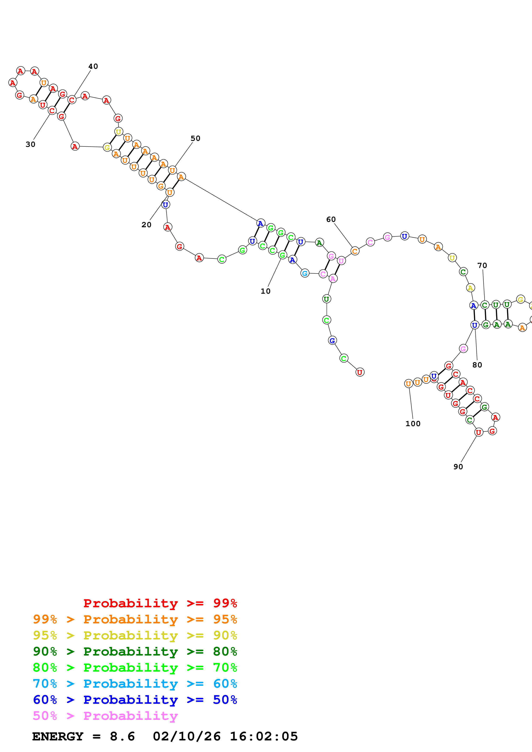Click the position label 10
click(x=265, y=291)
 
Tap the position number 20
click(x=146, y=225)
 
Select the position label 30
click(x=30, y=144)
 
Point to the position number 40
click(x=93, y=66)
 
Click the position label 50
click(x=195, y=138)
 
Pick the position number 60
click(x=331, y=220)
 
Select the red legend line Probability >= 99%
click(x=160, y=603)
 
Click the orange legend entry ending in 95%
click(x=135, y=619)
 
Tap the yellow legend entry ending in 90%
click(x=135, y=635)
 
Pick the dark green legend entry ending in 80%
click(x=135, y=651)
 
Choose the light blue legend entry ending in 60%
click(x=135, y=684)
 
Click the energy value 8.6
click(x=122, y=737)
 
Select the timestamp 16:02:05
click(x=264, y=737)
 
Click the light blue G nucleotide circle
click(x=305, y=273)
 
